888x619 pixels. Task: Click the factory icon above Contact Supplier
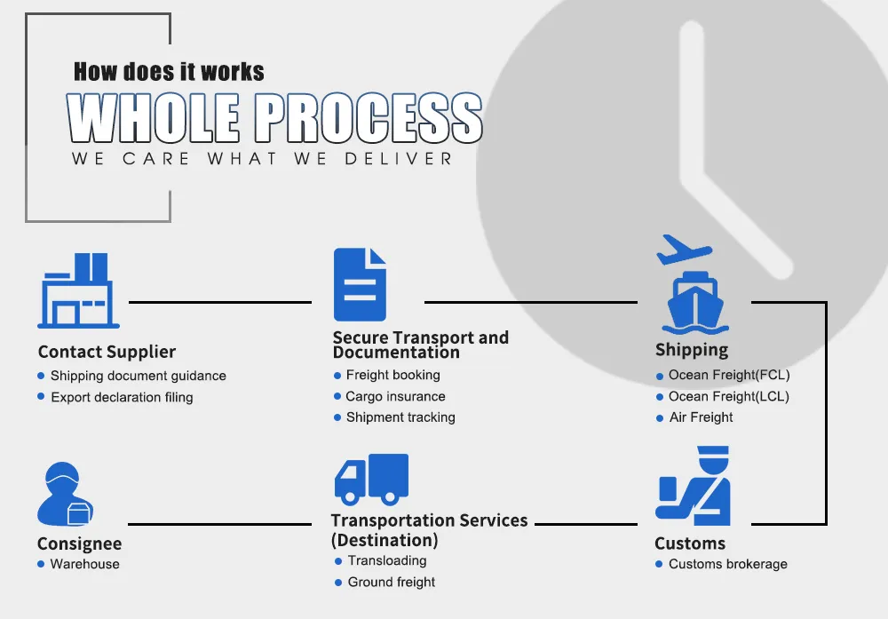[78, 290]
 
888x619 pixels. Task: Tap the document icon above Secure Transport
[360, 284]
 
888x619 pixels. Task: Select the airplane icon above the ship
[684, 250]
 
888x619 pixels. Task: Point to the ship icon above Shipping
[694, 305]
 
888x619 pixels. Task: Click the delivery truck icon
[371, 479]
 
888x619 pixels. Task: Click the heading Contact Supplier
[107, 352]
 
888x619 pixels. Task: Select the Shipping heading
[692, 350]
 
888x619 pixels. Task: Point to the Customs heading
[690, 544]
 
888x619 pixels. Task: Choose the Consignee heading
[79, 544]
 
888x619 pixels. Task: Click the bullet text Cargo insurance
[395, 396]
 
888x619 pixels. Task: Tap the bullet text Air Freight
[701, 417]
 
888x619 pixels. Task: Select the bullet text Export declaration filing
[122, 397]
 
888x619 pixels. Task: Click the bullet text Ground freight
[392, 583]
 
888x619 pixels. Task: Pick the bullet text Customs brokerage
[727, 564]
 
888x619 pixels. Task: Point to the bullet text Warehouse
[84, 564]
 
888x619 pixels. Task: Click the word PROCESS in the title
[369, 118]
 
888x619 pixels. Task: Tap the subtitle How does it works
[169, 71]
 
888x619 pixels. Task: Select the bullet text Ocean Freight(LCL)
[728, 396]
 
